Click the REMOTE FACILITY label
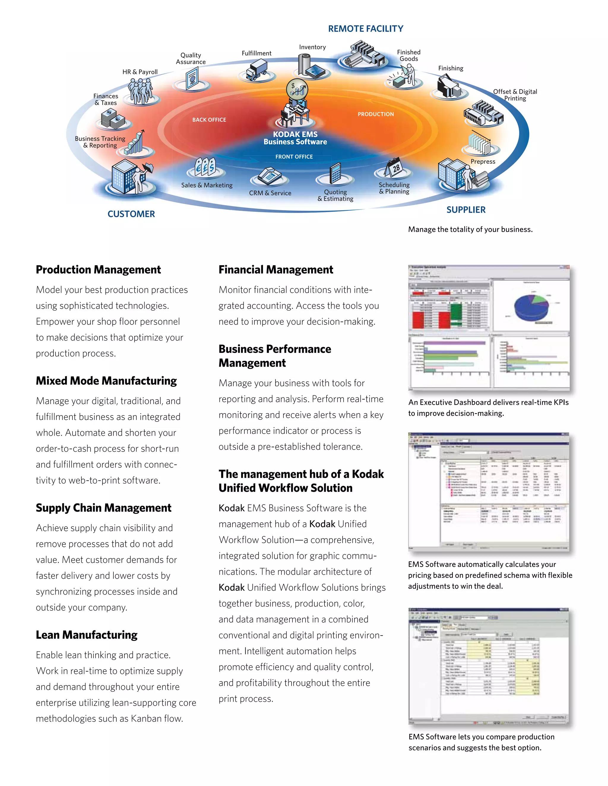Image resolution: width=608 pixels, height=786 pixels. [x=365, y=29]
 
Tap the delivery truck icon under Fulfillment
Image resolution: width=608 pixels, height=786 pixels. [x=257, y=70]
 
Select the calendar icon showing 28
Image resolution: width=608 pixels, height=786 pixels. [x=394, y=168]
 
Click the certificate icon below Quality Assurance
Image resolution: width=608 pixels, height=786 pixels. [x=192, y=79]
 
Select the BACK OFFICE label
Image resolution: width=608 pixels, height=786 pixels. [x=209, y=120]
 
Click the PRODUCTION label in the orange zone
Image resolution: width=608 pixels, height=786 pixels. [x=375, y=114]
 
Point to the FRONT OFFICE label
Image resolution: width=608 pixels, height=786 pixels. [x=294, y=157]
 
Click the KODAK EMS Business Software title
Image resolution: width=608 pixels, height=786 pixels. [x=295, y=138]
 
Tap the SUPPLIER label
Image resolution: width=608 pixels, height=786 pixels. [x=466, y=210]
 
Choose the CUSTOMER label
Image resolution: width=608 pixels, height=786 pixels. [x=131, y=214]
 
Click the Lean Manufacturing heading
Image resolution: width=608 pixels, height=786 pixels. [x=86, y=635]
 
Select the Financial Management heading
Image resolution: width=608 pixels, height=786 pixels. [x=275, y=270]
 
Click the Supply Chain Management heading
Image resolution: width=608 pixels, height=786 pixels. [x=103, y=508]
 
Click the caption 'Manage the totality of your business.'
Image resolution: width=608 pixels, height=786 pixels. [x=470, y=229]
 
